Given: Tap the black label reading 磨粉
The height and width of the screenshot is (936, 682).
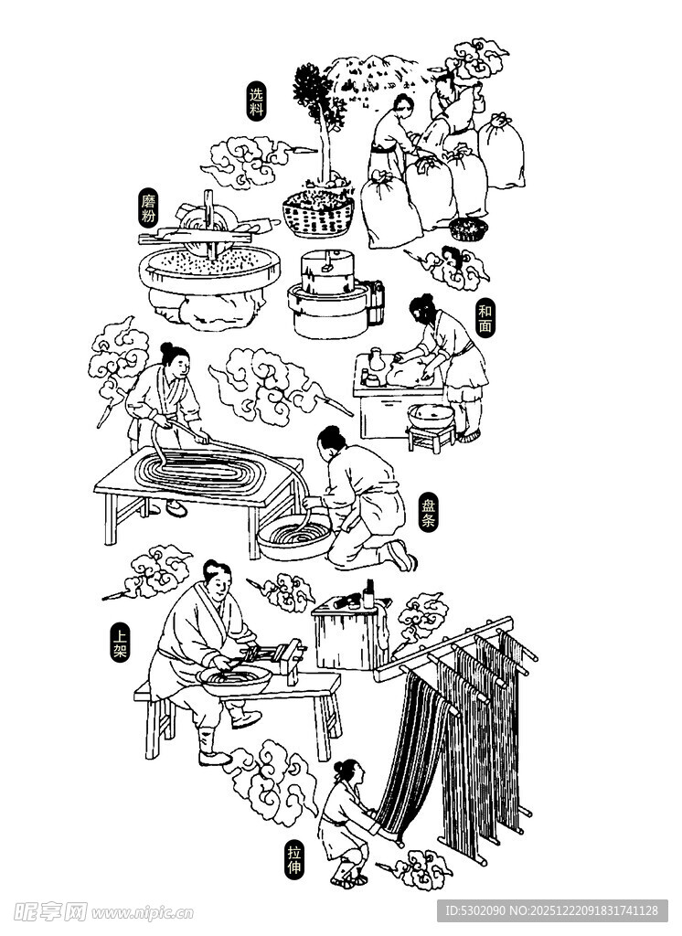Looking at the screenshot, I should [149, 209].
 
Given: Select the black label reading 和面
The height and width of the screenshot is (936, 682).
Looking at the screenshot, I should [485, 319].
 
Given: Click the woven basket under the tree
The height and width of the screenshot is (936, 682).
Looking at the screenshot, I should [318, 215].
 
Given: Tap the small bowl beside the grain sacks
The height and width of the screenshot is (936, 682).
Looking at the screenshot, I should [469, 228].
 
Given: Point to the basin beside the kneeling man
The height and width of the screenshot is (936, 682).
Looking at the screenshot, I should [294, 536].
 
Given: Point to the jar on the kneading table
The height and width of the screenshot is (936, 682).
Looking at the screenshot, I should [376, 360].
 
